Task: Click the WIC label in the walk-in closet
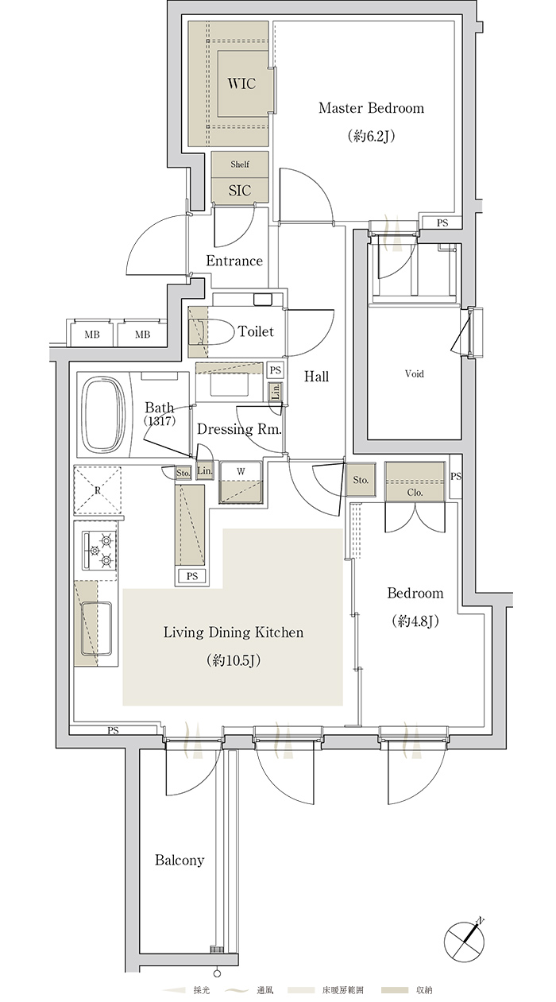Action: (241, 83)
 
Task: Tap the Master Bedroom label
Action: (371, 108)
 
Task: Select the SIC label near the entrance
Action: (240, 191)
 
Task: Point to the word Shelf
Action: (240, 164)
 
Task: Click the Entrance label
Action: (234, 261)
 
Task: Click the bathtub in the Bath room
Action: (104, 415)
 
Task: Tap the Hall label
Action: (316, 376)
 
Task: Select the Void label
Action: (414, 373)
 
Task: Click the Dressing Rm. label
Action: (239, 429)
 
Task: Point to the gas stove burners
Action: (99, 550)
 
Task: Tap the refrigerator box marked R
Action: (98, 490)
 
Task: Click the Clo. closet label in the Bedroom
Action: (415, 493)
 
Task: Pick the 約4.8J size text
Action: (415, 621)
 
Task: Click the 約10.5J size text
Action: (234, 660)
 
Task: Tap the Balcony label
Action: (180, 860)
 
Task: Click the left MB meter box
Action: (91, 334)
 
